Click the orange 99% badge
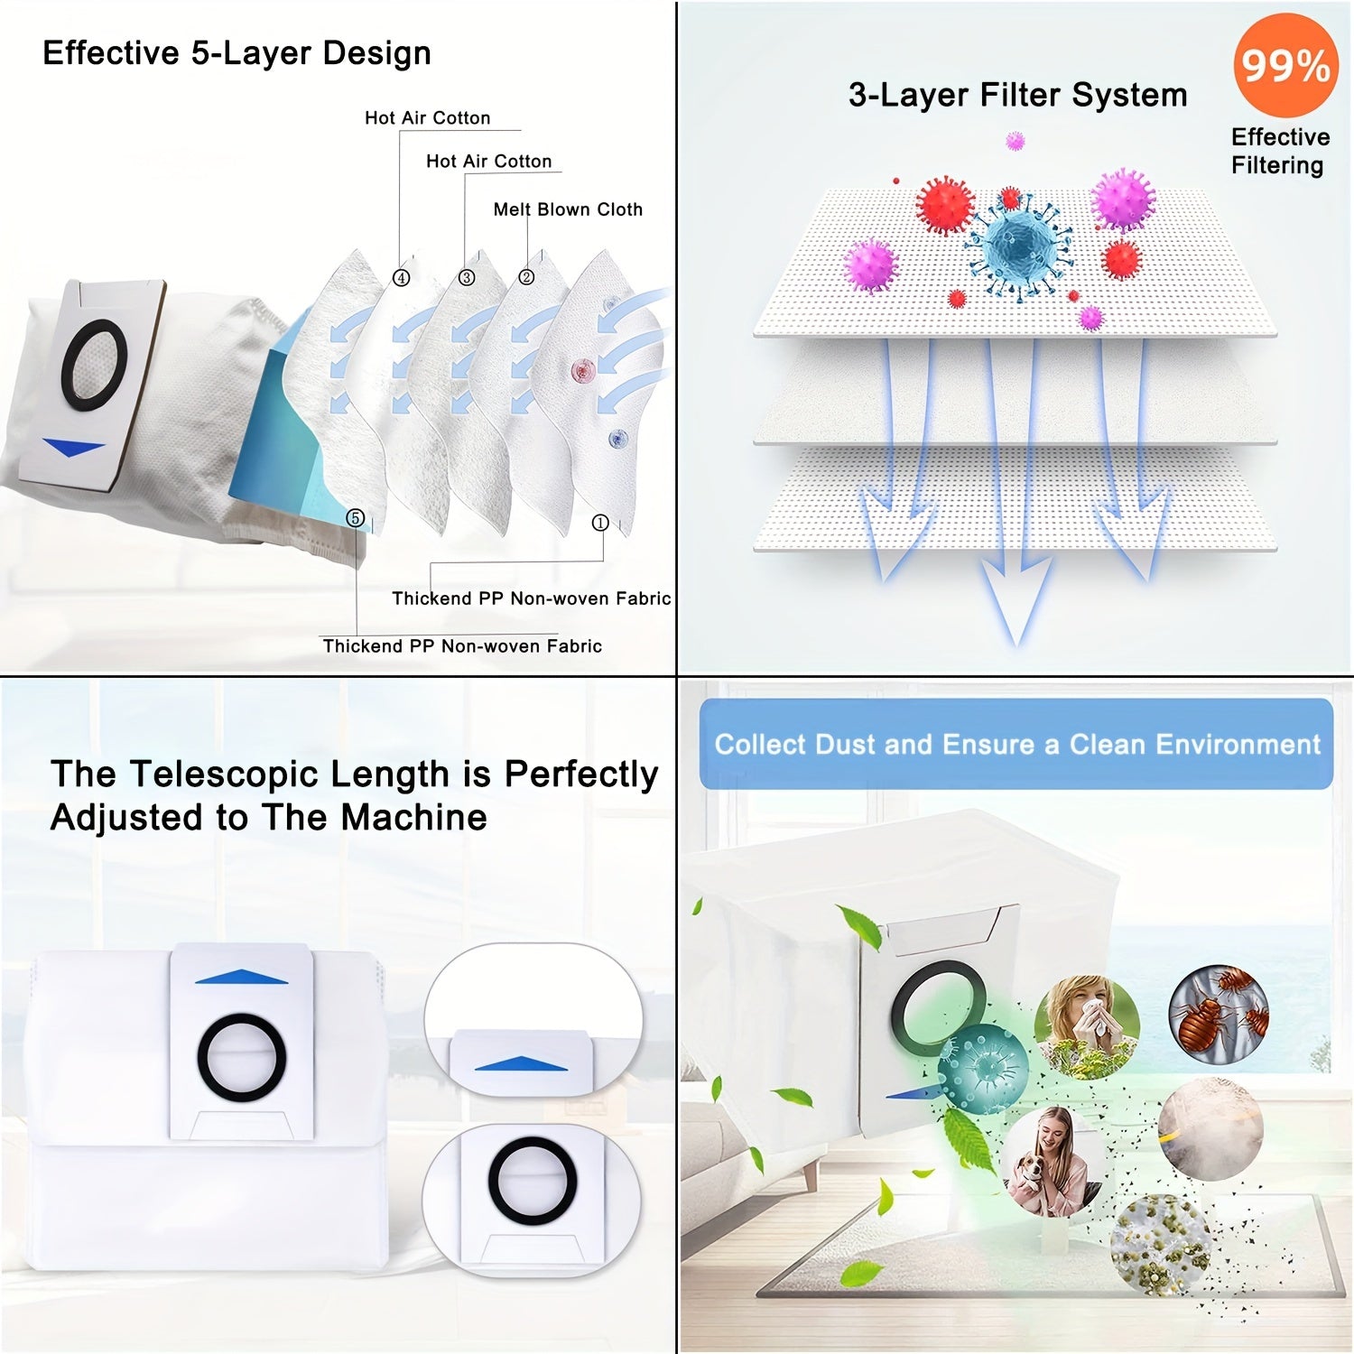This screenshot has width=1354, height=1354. tap(1284, 65)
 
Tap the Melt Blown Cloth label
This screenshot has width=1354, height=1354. tap(568, 209)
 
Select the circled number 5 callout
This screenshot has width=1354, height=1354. tap(356, 518)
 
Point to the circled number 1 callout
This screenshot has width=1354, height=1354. tap(600, 523)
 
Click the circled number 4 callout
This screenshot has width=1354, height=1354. tap(402, 278)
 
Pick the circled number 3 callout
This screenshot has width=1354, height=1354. tap(467, 278)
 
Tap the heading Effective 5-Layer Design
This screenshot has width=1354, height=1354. tap(236, 53)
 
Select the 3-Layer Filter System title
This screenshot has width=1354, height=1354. tap(1017, 95)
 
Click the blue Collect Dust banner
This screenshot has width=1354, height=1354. tap(1016, 744)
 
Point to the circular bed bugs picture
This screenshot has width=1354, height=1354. tap(1219, 1009)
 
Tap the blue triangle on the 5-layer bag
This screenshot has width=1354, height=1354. tap(74, 447)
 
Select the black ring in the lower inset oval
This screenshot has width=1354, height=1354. tap(533, 1181)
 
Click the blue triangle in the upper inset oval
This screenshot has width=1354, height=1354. tap(521, 1064)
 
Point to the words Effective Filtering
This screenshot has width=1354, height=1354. tap(1279, 151)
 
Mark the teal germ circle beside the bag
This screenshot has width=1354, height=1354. tap(983, 1069)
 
